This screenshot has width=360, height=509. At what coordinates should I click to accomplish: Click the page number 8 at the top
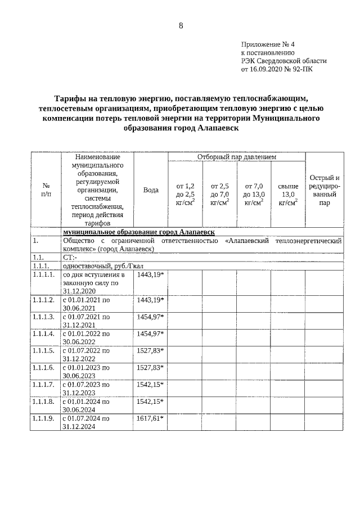pyautogui.click(x=181, y=26)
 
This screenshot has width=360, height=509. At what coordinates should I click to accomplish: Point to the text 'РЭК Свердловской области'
pyautogui.click(x=283, y=61)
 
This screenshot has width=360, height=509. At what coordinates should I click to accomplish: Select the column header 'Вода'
pyautogui.click(x=151, y=190)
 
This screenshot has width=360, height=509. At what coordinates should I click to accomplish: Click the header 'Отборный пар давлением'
pyautogui.click(x=236, y=156)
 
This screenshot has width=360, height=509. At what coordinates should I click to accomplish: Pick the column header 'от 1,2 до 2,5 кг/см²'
pyautogui.click(x=185, y=194)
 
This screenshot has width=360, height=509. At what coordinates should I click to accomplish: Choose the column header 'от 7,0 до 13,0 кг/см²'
pyautogui.click(x=254, y=194)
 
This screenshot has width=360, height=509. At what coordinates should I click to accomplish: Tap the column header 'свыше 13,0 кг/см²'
pyautogui.click(x=288, y=194)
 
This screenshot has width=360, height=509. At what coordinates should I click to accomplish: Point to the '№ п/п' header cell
pyautogui.click(x=46, y=190)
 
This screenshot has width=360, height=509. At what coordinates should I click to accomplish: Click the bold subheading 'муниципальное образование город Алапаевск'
pyautogui.click(x=138, y=232)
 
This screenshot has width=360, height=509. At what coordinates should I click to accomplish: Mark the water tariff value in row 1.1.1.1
pyautogui.click(x=151, y=275)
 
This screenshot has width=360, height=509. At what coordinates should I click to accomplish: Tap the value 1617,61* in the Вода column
pyautogui.click(x=151, y=418)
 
